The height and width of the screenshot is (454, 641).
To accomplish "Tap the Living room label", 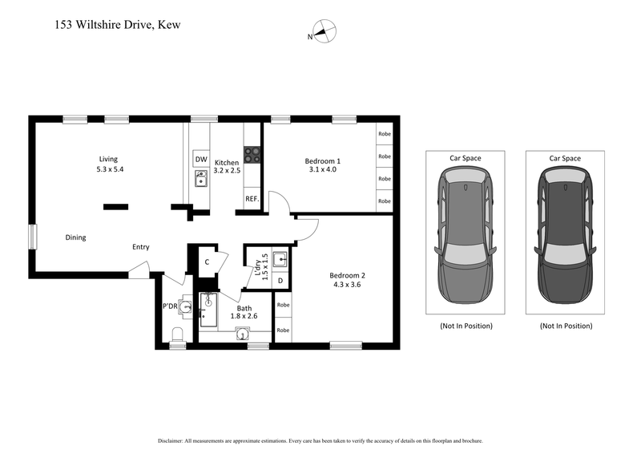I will [109, 159].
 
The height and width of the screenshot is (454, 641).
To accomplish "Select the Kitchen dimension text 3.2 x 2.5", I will [228, 171].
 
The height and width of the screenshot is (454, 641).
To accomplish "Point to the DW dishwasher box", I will [200, 159].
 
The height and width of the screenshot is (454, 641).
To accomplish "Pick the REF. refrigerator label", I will [251, 199].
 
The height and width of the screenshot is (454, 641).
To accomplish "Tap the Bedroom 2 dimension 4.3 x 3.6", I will [346, 285].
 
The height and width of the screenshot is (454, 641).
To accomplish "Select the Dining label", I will [76, 237].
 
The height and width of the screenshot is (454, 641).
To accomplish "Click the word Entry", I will [141, 247].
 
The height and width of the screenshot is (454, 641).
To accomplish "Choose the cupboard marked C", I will [207, 261].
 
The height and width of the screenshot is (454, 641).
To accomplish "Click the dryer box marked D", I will [280, 280].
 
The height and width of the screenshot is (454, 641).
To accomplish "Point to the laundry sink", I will [280, 259].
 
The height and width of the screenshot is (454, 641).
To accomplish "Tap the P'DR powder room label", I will [170, 306].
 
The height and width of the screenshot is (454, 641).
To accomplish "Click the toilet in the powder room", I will [177, 334].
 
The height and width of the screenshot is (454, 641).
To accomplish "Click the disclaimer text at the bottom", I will [320, 441].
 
